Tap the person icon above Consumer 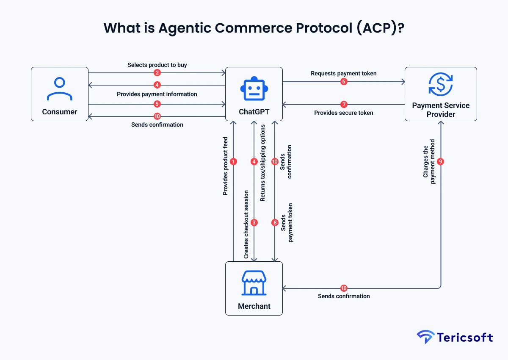coord(60,89)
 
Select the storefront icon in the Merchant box coord(254,283)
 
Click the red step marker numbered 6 coord(344,82)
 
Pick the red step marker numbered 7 coord(344,104)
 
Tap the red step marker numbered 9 coord(441,161)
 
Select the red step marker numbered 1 coord(233,161)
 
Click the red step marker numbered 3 coord(254,222)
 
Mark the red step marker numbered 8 coord(275,222)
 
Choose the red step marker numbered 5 coord(157,104)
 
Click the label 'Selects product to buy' coord(157,65)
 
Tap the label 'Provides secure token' coord(344,113)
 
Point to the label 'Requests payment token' coord(344,73)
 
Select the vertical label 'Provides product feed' coord(225,166)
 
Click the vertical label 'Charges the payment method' coord(429,161)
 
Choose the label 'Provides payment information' coord(157,94)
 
